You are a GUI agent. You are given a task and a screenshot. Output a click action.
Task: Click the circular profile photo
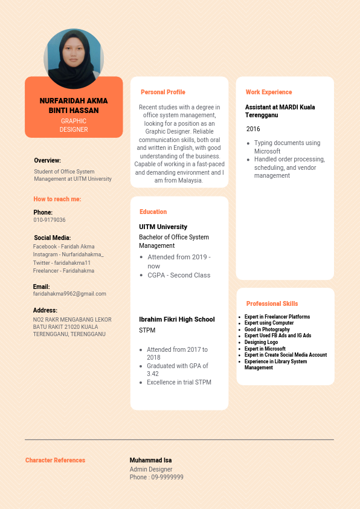(74, 59)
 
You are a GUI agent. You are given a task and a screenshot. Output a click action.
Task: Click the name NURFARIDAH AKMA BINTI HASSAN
(74, 106)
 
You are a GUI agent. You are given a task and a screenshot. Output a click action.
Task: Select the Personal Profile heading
(163, 92)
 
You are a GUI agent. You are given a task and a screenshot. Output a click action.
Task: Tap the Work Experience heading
(269, 92)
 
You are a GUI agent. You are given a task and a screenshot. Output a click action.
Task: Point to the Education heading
(153, 212)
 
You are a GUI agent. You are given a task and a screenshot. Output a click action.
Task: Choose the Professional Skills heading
(272, 303)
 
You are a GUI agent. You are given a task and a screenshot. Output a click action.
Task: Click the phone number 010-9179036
(50, 220)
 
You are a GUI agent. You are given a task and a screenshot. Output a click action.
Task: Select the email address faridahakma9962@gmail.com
(69, 294)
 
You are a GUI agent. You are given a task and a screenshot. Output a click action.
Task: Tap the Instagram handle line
(68, 254)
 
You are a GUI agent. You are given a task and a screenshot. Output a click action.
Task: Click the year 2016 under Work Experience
(253, 129)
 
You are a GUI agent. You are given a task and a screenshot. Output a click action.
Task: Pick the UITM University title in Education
(163, 227)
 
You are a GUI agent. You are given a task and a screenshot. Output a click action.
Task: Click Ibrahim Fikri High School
(177, 319)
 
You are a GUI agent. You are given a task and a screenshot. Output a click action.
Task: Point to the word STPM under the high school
(147, 331)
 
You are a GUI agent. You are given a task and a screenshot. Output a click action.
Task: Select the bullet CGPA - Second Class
(179, 275)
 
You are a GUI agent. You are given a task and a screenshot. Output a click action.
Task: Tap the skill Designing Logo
(261, 342)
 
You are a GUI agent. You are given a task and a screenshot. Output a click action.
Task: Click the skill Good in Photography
(267, 329)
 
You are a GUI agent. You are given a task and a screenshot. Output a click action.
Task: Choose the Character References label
(56, 461)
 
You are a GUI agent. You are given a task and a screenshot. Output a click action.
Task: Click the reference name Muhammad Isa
(150, 461)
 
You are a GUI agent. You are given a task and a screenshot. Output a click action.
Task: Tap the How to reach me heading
(57, 199)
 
